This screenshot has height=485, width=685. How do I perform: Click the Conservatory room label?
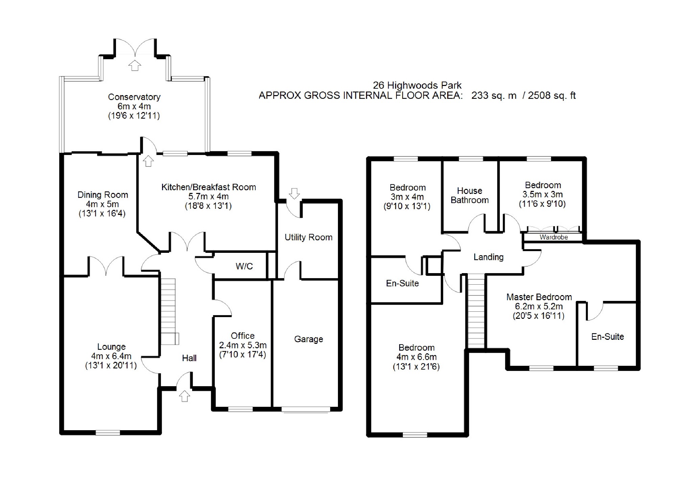pyautogui.click(x=134, y=97)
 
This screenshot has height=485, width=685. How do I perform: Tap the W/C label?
pyautogui.click(x=244, y=266)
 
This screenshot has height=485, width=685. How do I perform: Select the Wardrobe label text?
pyautogui.click(x=553, y=237)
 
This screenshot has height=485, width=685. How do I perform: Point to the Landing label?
pyautogui.click(x=488, y=257)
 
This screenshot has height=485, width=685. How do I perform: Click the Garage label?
pyautogui.click(x=309, y=339)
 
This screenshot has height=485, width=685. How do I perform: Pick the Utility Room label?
pyautogui.click(x=309, y=237)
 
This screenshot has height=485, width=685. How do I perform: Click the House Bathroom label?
pyautogui.click(x=470, y=196)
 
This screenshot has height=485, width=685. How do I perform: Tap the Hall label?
pyautogui.click(x=189, y=358)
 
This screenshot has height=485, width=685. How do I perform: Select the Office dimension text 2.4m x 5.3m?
pyautogui.click(x=243, y=345)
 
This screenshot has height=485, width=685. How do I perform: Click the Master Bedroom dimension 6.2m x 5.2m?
pyautogui.click(x=539, y=307)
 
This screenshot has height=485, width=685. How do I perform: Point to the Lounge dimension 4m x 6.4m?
pyautogui.click(x=111, y=356)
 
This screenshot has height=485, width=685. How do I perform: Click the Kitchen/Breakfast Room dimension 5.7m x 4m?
pyautogui.click(x=208, y=197)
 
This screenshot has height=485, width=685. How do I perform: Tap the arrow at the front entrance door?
pyautogui.click(x=184, y=396)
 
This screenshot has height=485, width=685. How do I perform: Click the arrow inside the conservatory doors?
pyautogui.click(x=135, y=65)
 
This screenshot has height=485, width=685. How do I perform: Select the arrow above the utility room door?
pyautogui.click(x=294, y=193)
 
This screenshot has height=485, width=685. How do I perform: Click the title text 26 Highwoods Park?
pyautogui.click(x=417, y=85)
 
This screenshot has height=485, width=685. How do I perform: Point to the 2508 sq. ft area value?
pyautogui.click(x=552, y=96)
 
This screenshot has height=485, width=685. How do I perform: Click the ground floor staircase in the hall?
pyautogui.click(x=168, y=311)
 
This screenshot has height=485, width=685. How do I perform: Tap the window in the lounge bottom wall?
pyautogui.click(x=108, y=432)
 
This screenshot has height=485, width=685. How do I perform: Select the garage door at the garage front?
pyautogui.click(x=306, y=409)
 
